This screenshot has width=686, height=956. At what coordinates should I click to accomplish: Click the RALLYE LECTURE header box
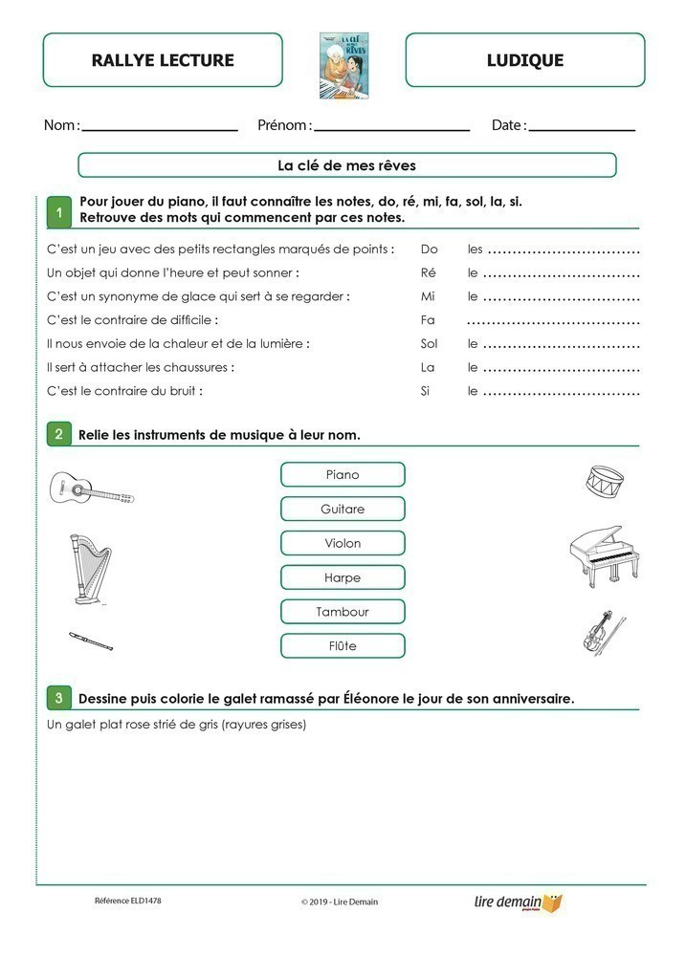click(x=163, y=60)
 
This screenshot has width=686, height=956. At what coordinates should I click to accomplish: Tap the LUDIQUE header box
click(x=524, y=60)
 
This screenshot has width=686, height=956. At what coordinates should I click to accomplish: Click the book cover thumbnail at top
click(x=344, y=66)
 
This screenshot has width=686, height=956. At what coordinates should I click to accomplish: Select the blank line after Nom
click(x=161, y=128)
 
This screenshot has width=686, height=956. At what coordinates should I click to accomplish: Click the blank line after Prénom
click(x=392, y=128)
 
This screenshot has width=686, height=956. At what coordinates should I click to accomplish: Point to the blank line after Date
click(x=582, y=128)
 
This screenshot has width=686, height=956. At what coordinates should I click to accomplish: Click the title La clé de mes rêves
click(x=346, y=165)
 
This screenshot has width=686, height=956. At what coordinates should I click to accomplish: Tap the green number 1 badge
click(x=59, y=213)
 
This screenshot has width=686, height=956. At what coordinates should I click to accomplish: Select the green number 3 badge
click(x=59, y=699)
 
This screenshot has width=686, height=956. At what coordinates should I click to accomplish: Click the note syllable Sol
click(x=429, y=343)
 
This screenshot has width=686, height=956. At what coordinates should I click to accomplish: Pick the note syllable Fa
click(x=428, y=319)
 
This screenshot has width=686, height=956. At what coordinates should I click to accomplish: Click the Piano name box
click(x=343, y=475)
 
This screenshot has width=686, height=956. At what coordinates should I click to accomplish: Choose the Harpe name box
click(x=343, y=577)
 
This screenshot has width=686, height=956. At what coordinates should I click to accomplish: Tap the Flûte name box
click(x=343, y=646)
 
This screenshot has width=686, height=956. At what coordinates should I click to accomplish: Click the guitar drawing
click(x=92, y=489)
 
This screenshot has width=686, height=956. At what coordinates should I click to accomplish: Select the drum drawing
click(x=606, y=481)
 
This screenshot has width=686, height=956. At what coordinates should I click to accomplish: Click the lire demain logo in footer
click(x=518, y=902)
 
